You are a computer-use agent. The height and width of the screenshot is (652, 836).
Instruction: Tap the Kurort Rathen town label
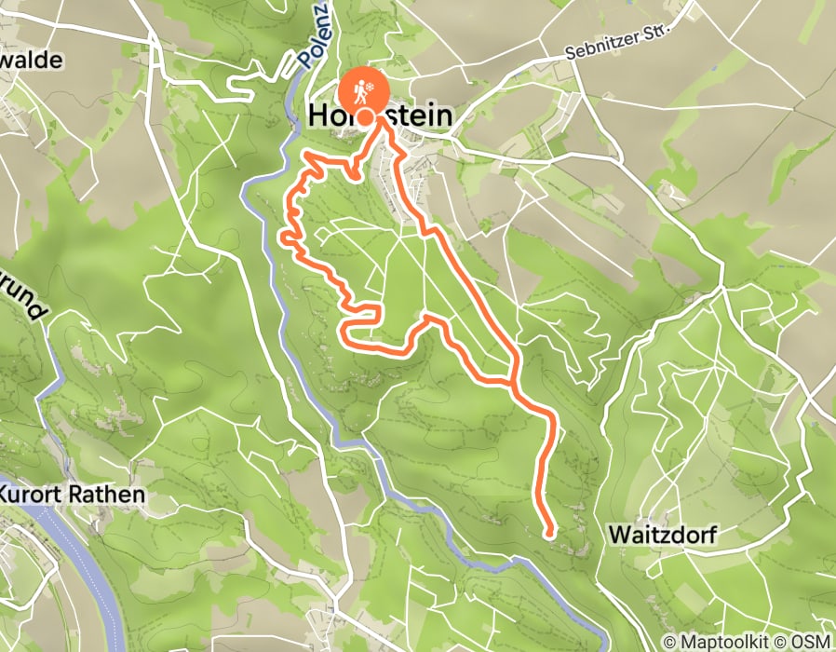(73, 495)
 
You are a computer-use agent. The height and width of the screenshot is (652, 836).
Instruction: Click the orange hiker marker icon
(365, 91)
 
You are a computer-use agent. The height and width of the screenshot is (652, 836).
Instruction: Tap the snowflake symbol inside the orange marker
(371, 88)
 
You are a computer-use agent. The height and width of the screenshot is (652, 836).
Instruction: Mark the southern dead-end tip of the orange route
(550, 534)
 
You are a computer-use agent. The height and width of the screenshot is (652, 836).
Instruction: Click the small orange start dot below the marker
(366, 116)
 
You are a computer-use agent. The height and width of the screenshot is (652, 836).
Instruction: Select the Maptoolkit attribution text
(721, 642)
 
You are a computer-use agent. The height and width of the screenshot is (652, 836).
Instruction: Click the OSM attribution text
(809, 642)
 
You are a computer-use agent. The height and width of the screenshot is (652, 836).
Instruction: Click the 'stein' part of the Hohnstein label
(416, 116)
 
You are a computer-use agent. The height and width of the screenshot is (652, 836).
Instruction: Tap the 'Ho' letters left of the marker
(328, 116)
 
